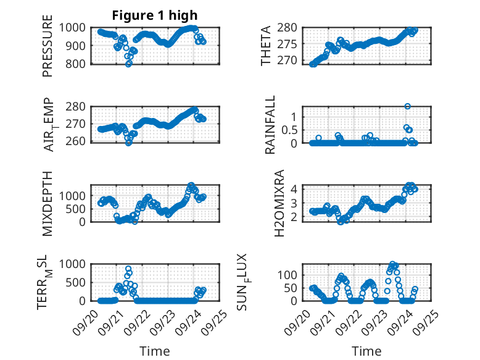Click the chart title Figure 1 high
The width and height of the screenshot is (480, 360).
(x=155, y=15)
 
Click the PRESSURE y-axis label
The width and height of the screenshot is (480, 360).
(x=48, y=49)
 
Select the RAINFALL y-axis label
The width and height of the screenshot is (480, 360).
(x=270, y=125)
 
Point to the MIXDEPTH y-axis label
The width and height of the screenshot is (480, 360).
(x=48, y=203)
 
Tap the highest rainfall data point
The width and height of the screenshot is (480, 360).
(x=407, y=106)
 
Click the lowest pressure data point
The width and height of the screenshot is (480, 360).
(x=129, y=64)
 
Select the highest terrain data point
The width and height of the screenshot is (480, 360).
(x=128, y=269)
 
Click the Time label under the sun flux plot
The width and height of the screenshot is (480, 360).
(x=366, y=351)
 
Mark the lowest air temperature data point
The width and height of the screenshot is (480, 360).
(x=128, y=143)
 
